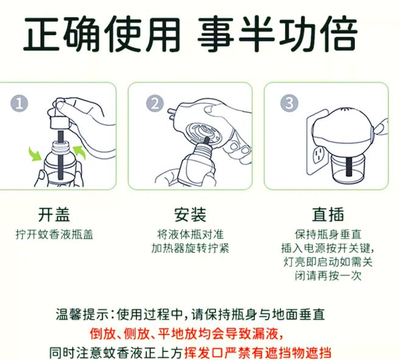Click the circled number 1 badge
tap(19, 103)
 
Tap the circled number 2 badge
tap(155, 103)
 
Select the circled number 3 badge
tap(289, 103)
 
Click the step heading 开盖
tap(54, 215)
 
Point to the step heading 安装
tap(191, 215)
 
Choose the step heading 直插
tap(328, 215)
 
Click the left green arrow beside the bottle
tap(35, 154)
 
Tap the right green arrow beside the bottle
tap(79, 153)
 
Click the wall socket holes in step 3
tap(318, 154)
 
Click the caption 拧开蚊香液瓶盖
tap(55, 235)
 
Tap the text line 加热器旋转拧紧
tap(191, 248)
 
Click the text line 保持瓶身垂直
tap(328, 235)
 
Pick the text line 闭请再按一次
tap(328, 275)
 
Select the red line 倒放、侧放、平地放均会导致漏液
tap(186, 334)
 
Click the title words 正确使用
tap(102, 34)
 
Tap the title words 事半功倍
tap(277, 34)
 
